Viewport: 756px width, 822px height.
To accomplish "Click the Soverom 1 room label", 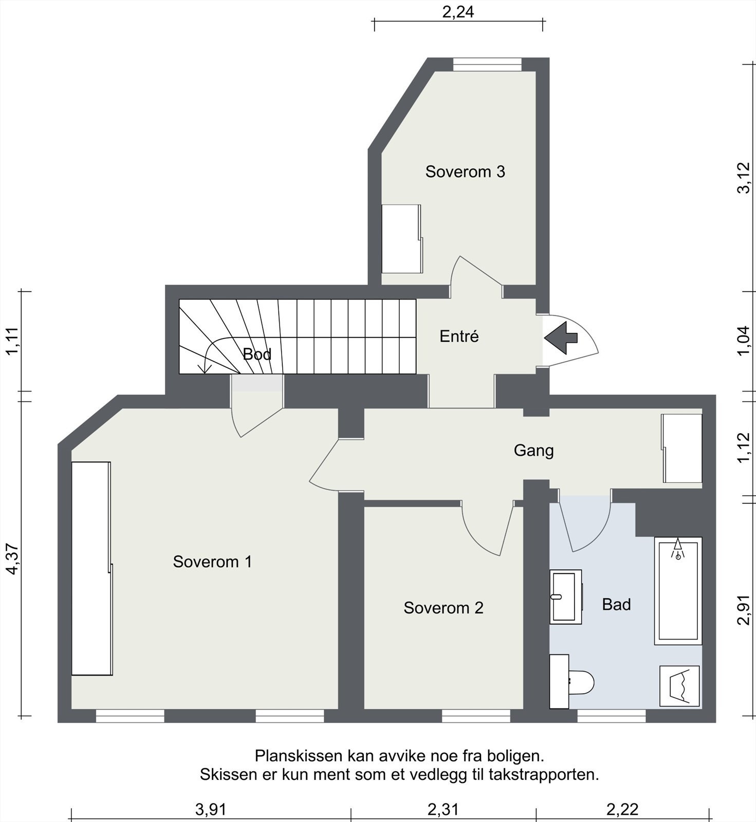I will point(212,562).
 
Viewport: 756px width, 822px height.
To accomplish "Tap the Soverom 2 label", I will point(443,608).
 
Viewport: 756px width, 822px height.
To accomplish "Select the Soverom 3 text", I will point(465,172).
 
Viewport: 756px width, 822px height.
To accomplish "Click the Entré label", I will point(459,337).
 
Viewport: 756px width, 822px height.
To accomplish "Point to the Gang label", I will point(533,451).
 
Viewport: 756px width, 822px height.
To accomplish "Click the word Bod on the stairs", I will point(257,354).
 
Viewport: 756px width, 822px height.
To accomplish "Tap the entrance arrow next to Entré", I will point(561,338).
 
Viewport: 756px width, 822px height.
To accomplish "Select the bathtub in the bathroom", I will point(678,591).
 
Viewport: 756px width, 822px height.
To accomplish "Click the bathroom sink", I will point(565,596).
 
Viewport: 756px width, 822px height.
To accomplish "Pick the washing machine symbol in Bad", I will point(679,686).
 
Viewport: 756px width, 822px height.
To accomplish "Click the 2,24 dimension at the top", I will point(458,12).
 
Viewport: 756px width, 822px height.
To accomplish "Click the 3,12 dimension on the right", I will point(744,177).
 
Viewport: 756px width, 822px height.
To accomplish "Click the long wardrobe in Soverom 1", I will point(91,568).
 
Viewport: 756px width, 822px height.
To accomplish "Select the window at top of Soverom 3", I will point(487,64).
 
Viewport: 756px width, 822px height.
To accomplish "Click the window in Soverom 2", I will point(476,716).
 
